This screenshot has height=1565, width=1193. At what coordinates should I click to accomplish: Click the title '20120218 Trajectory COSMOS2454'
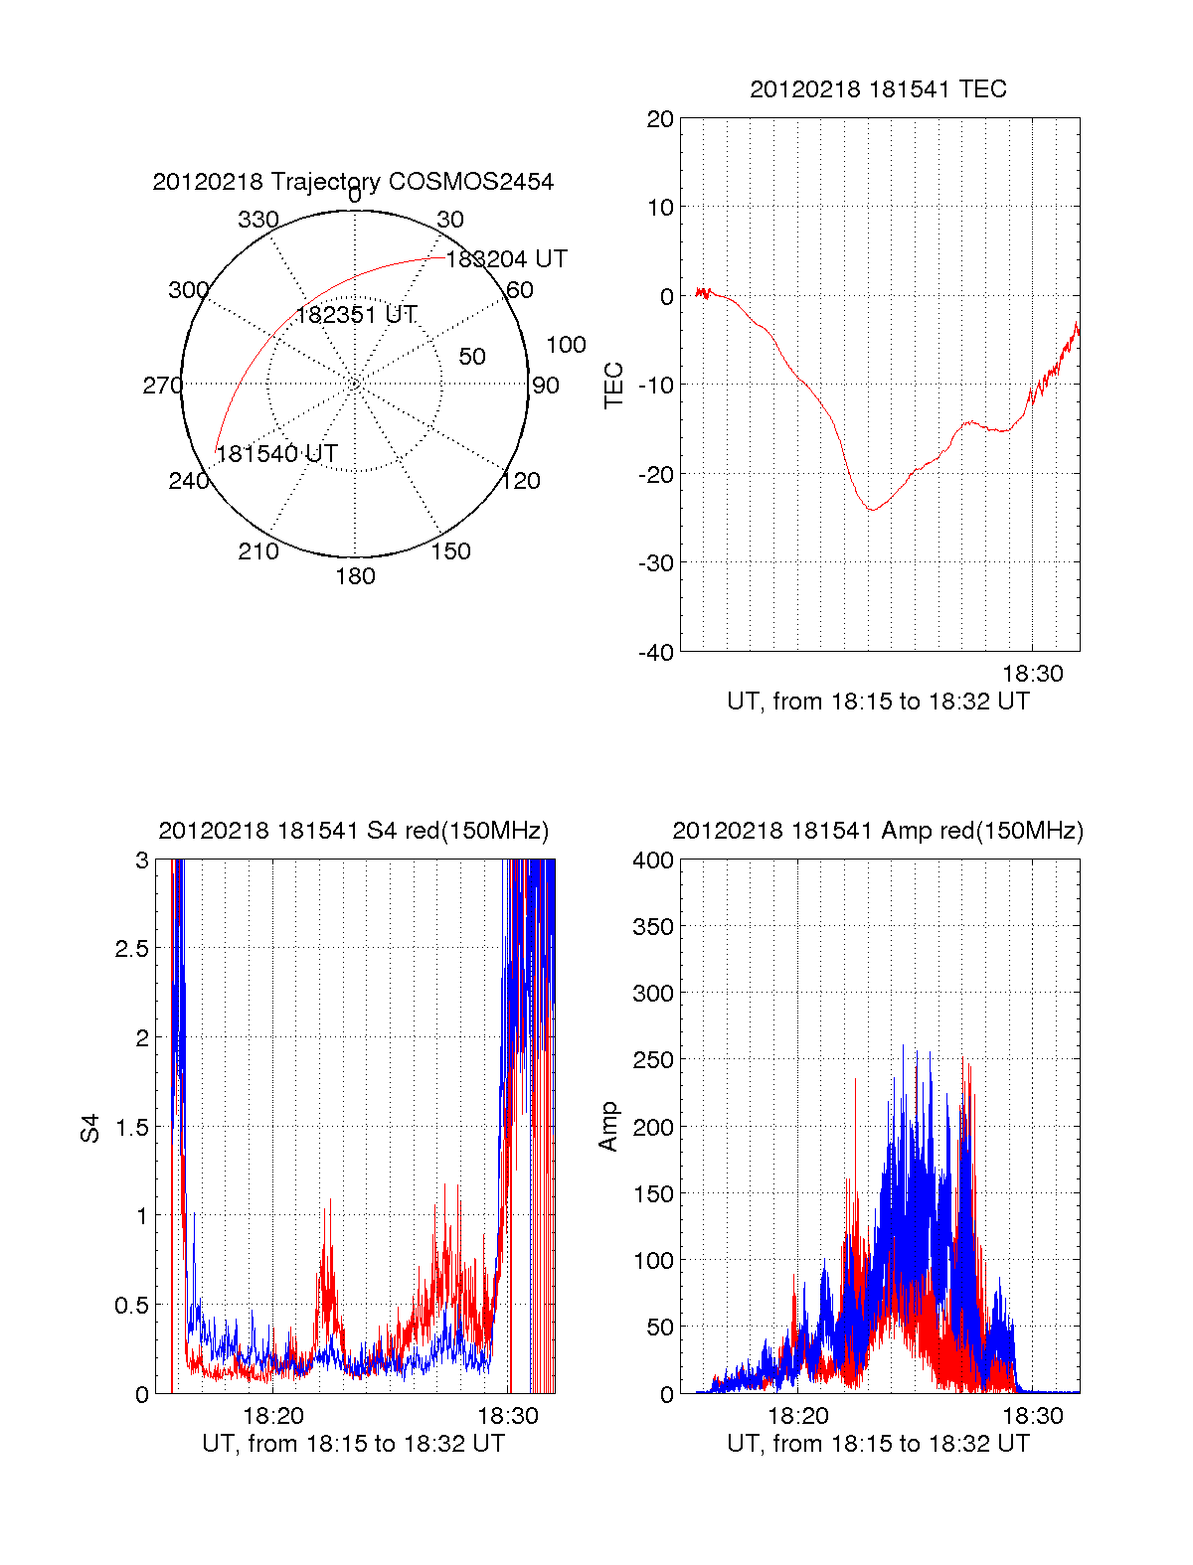[x=353, y=182]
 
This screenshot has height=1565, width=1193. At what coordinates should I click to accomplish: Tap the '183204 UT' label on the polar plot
[x=506, y=259]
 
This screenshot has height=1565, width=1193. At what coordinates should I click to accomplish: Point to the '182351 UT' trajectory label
[x=356, y=315]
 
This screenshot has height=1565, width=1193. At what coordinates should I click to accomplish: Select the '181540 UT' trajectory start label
[x=277, y=454]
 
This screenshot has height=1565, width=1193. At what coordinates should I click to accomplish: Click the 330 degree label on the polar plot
[x=257, y=220]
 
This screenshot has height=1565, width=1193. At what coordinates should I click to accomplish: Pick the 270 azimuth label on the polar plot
[x=162, y=386]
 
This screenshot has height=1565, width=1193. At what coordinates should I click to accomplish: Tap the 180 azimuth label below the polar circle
[x=355, y=576]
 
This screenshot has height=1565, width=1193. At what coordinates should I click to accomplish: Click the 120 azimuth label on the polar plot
[x=521, y=482]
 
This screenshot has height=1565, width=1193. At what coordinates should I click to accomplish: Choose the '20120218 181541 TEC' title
[x=878, y=89]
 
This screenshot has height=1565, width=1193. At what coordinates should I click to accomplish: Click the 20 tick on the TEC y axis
[x=660, y=120]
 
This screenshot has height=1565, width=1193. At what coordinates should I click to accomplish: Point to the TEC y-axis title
[x=614, y=386]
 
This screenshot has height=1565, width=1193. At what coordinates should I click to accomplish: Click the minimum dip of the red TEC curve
[x=871, y=510]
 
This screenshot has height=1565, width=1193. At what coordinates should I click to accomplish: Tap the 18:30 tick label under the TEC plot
[x=1032, y=674]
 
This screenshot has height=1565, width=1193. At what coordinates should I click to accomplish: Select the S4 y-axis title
[x=90, y=1128]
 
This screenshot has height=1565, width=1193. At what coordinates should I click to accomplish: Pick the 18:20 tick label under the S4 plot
[x=272, y=1416]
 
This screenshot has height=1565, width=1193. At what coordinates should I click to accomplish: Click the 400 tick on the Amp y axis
[x=653, y=861]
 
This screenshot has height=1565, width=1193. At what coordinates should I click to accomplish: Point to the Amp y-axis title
[x=608, y=1127]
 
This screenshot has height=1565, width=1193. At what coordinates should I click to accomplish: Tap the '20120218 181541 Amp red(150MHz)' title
[x=878, y=831]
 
